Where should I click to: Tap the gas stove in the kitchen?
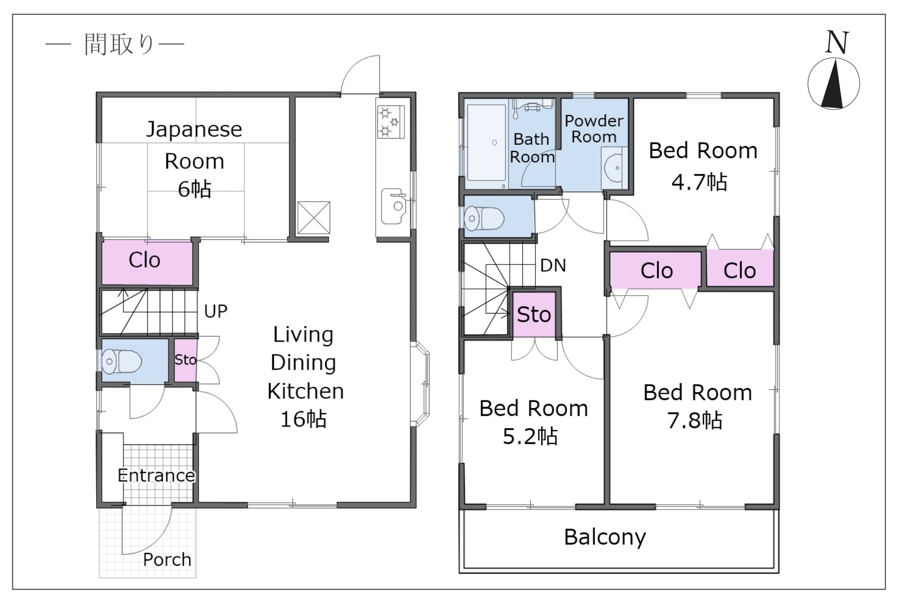pyautogui.click(x=391, y=121)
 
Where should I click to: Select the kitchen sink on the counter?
pyautogui.click(x=394, y=206)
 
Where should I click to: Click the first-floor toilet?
pyautogui.click(x=122, y=362)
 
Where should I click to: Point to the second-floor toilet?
pyautogui.click(x=484, y=218)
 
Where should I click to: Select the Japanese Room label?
pyautogui.click(x=194, y=145)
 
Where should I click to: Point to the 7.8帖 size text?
pyautogui.click(x=695, y=420)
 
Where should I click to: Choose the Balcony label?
pyautogui.click(x=605, y=538)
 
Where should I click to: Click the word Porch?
pyautogui.click(x=167, y=560)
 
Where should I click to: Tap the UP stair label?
pyautogui.click(x=216, y=311)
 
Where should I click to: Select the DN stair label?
pyautogui.click(x=553, y=265)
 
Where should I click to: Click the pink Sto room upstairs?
pyautogui.click(x=534, y=315)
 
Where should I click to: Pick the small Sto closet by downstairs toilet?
pyautogui.click(x=185, y=360)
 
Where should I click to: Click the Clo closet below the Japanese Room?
pyautogui.click(x=147, y=262)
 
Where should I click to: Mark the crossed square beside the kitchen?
pyautogui.click(x=314, y=218)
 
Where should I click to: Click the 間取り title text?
pyautogui.click(x=119, y=44)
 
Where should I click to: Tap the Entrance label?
pyautogui.click(x=156, y=476)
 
